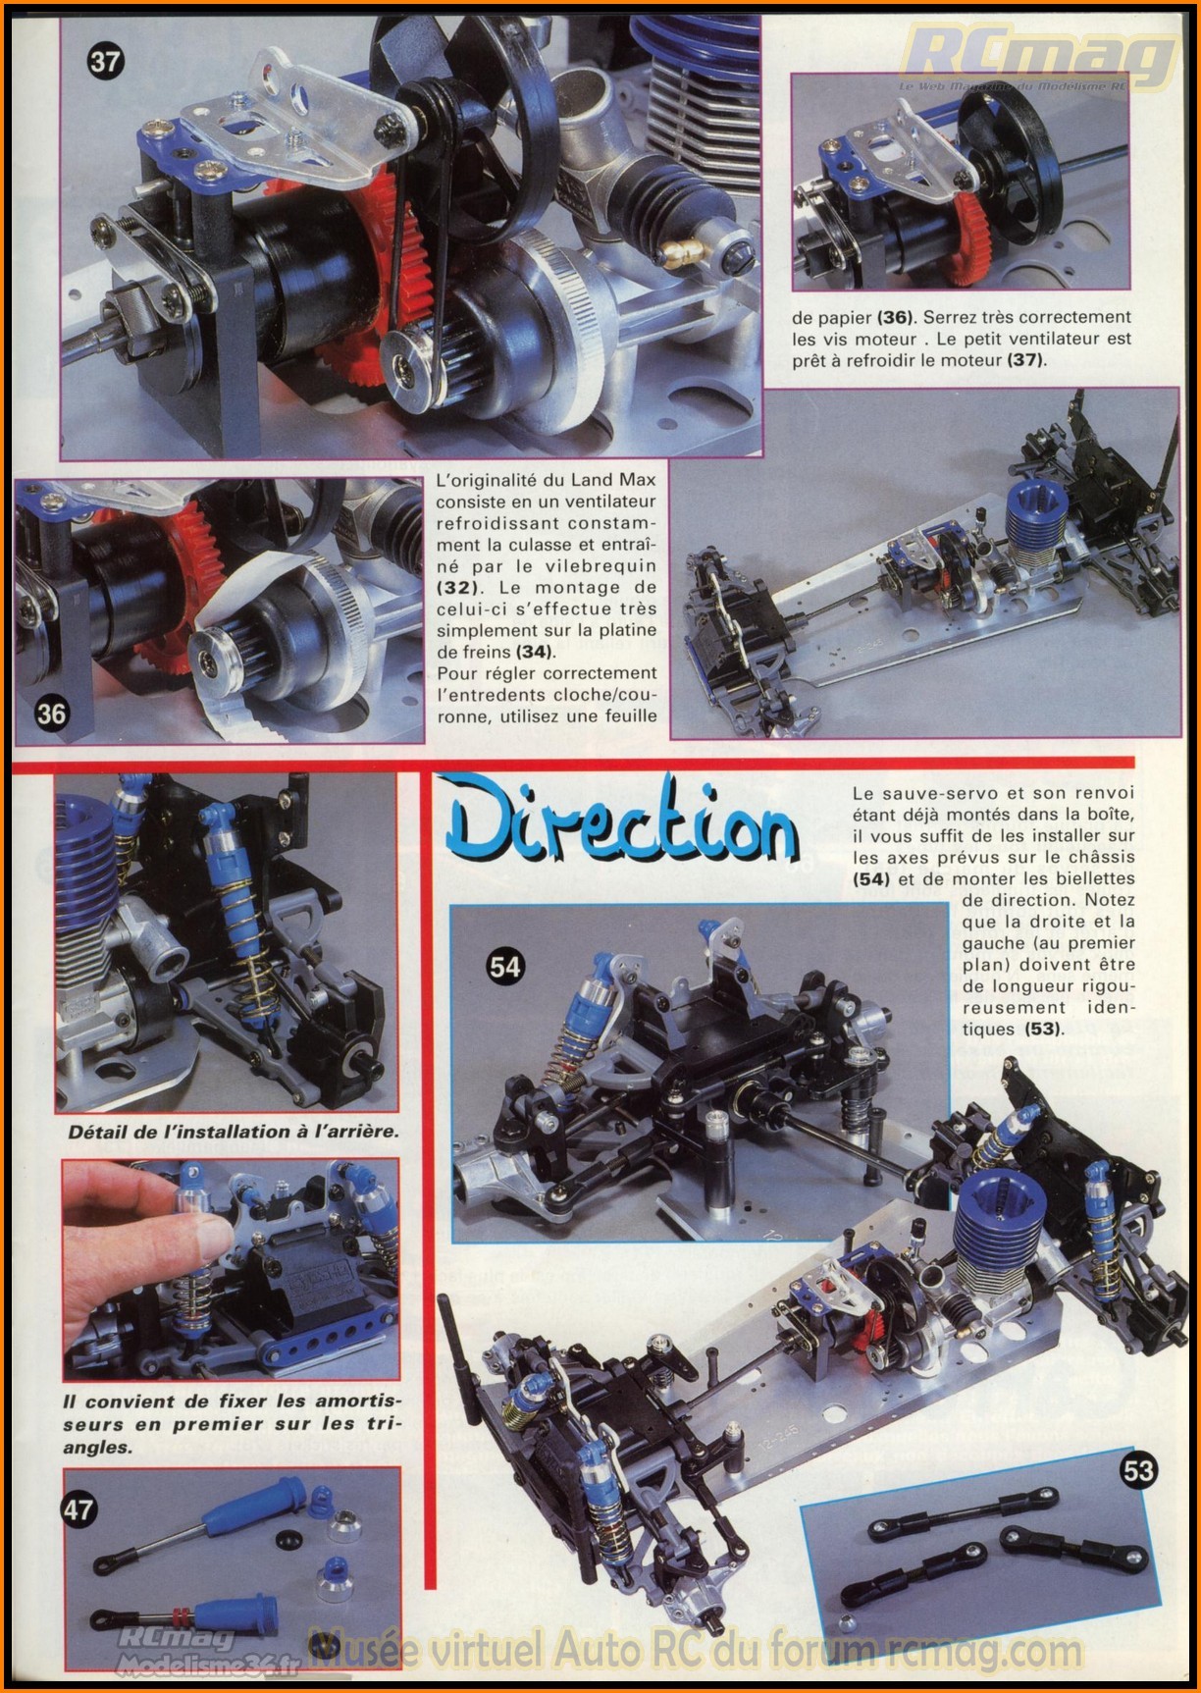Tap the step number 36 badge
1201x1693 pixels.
point(52,714)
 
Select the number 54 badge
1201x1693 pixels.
point(505,967)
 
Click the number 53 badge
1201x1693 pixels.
point(1139,1469)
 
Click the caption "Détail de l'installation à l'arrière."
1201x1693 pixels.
point(234,1131)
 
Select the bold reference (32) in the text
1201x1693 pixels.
point(456,587)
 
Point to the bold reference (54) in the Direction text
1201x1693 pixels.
point(871,879)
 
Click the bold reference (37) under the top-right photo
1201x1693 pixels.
point(1027,360)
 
